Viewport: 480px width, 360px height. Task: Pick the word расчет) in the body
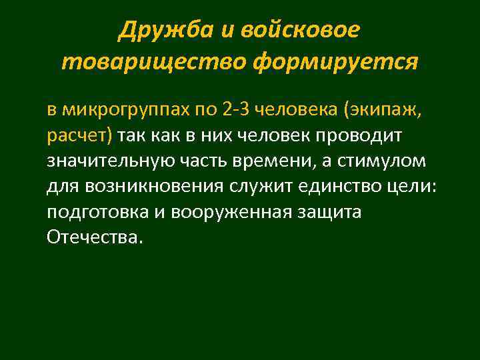81,135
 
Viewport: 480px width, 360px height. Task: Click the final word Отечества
94,237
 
